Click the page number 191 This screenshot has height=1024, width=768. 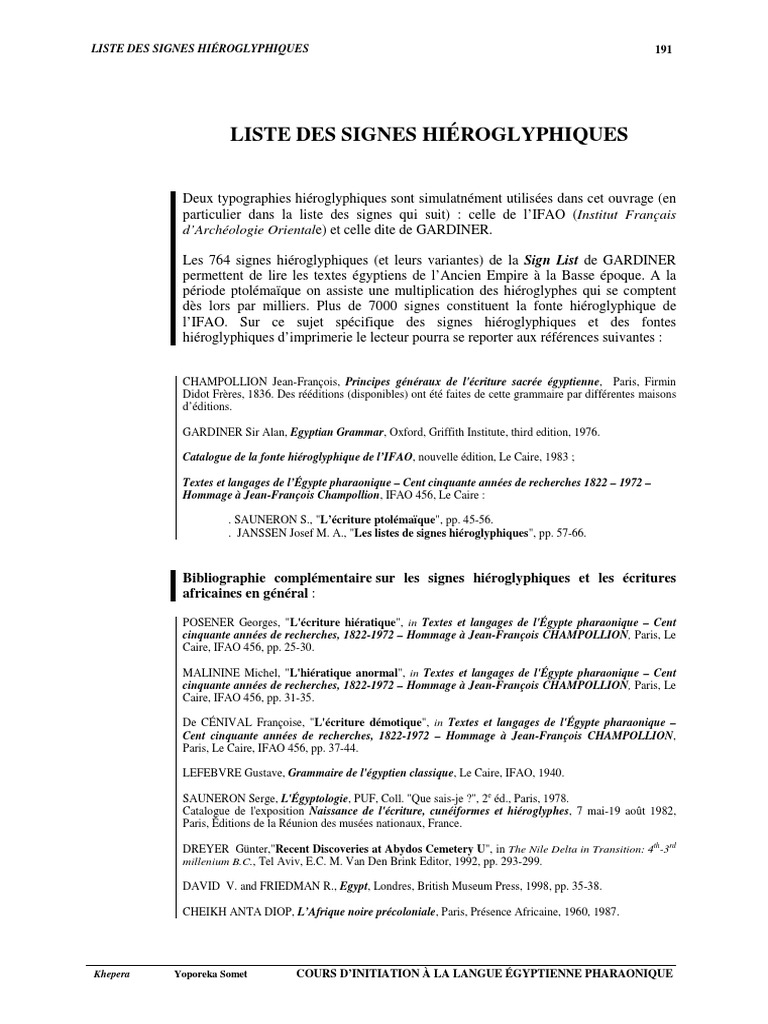[x=662, y=50]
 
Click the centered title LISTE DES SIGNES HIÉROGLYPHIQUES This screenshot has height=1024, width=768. [x=429, y=133]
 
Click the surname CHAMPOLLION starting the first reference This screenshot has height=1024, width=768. [x=222, y=382]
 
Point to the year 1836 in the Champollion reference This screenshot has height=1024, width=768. [x=294, y=395]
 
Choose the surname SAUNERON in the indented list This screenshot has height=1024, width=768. [x=264, y=520]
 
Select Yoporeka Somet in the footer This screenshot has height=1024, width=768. [x=208, y=971]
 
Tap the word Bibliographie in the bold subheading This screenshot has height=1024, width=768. [x=228, y=579]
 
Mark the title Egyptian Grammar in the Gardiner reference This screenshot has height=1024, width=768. [x=338, y=433]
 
